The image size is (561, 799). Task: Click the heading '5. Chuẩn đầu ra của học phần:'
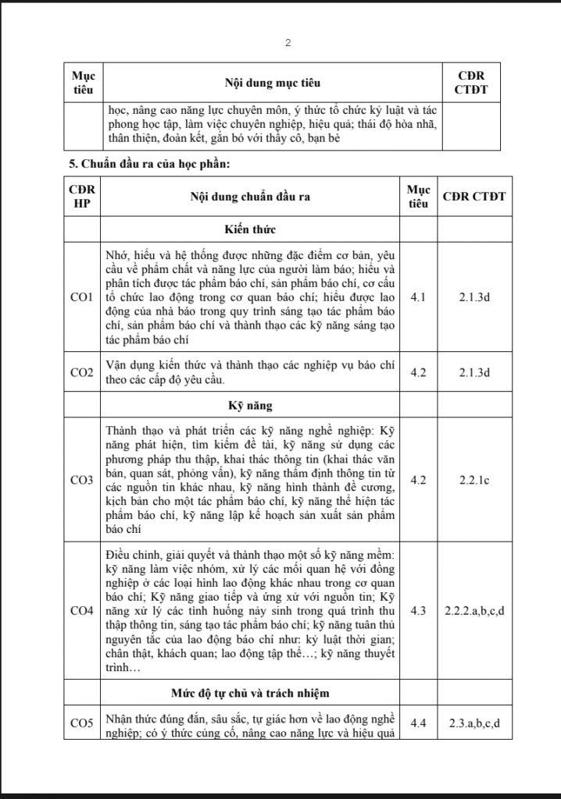pos(148,164)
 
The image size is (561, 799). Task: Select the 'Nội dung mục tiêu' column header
pos(273,82)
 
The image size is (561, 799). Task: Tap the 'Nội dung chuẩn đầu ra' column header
pos(250,197)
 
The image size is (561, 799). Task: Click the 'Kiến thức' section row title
pos(250,229)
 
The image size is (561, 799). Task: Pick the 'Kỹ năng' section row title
pos(250,407)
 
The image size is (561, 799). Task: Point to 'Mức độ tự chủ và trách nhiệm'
pos(250,692)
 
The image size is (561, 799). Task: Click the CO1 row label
pos(81,297)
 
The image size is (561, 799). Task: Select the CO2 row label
pos(81,373)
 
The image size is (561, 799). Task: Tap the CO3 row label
pos(81,480)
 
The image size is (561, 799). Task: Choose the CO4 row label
pos(81,610)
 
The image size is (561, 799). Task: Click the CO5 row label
pos(81,723)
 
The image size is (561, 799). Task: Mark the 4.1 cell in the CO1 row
pos(419,297)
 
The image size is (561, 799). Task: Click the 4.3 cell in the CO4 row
pos(419,610)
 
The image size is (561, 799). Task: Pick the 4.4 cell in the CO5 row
pos(419,723)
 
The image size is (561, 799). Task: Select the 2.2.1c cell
pos(473,480)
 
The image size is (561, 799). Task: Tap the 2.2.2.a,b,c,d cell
pos(473,610)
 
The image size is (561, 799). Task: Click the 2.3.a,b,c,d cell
pos(473,723)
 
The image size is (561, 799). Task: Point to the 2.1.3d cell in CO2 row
pos(473,373)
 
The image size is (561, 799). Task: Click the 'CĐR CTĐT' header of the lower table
pos(473,197)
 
